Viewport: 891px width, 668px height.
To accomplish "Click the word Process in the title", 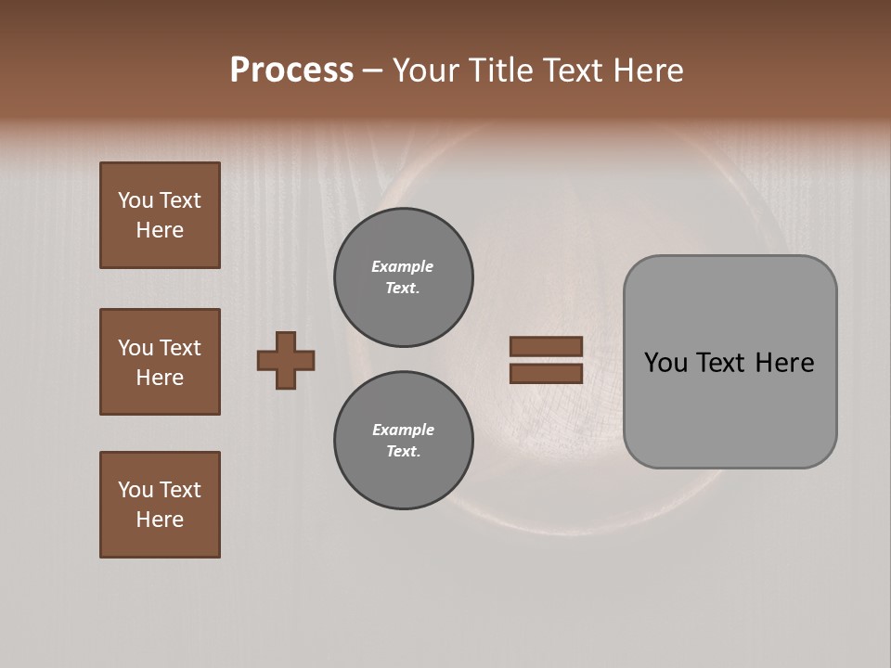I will [291, 71].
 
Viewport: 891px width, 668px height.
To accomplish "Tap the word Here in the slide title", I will [646, 71].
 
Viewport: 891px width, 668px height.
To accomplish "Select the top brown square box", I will [160, 215].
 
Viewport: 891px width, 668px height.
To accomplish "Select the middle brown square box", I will [160, 362].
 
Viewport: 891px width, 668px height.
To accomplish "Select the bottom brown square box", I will [160, 505].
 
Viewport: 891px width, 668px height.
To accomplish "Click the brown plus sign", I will [286, 360].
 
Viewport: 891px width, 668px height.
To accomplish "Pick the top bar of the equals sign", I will [547, 346].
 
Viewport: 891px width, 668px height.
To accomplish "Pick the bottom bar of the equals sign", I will [547, 373].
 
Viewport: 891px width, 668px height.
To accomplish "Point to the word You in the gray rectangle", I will [665, 363].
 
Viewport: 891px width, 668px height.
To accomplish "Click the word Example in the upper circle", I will [403, 266].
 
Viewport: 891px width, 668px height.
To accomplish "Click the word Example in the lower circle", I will [403, 430].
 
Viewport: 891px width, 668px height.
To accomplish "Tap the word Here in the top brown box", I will [160, 230].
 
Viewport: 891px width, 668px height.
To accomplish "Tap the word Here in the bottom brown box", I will [160, 520].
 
